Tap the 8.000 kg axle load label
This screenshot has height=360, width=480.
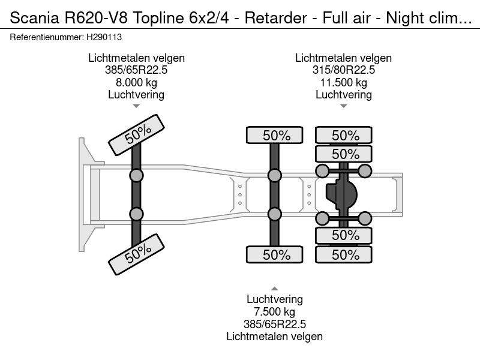[136, 82]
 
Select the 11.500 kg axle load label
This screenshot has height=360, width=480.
[343, 82]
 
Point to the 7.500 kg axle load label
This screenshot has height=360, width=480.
[274, 311]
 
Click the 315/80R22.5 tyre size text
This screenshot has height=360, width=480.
[343, 70]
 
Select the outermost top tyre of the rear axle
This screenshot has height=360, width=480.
[345, 136]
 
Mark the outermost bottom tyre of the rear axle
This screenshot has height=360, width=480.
[345, 254]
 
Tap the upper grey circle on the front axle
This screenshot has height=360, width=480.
[137, 175]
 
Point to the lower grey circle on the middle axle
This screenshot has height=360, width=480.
[275, 214]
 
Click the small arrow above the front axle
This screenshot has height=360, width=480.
[136, 106]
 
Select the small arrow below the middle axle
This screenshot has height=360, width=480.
[274, 288]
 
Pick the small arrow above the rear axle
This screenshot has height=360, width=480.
[343, 106]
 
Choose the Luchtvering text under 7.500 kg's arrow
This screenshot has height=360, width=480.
[274, 299]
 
